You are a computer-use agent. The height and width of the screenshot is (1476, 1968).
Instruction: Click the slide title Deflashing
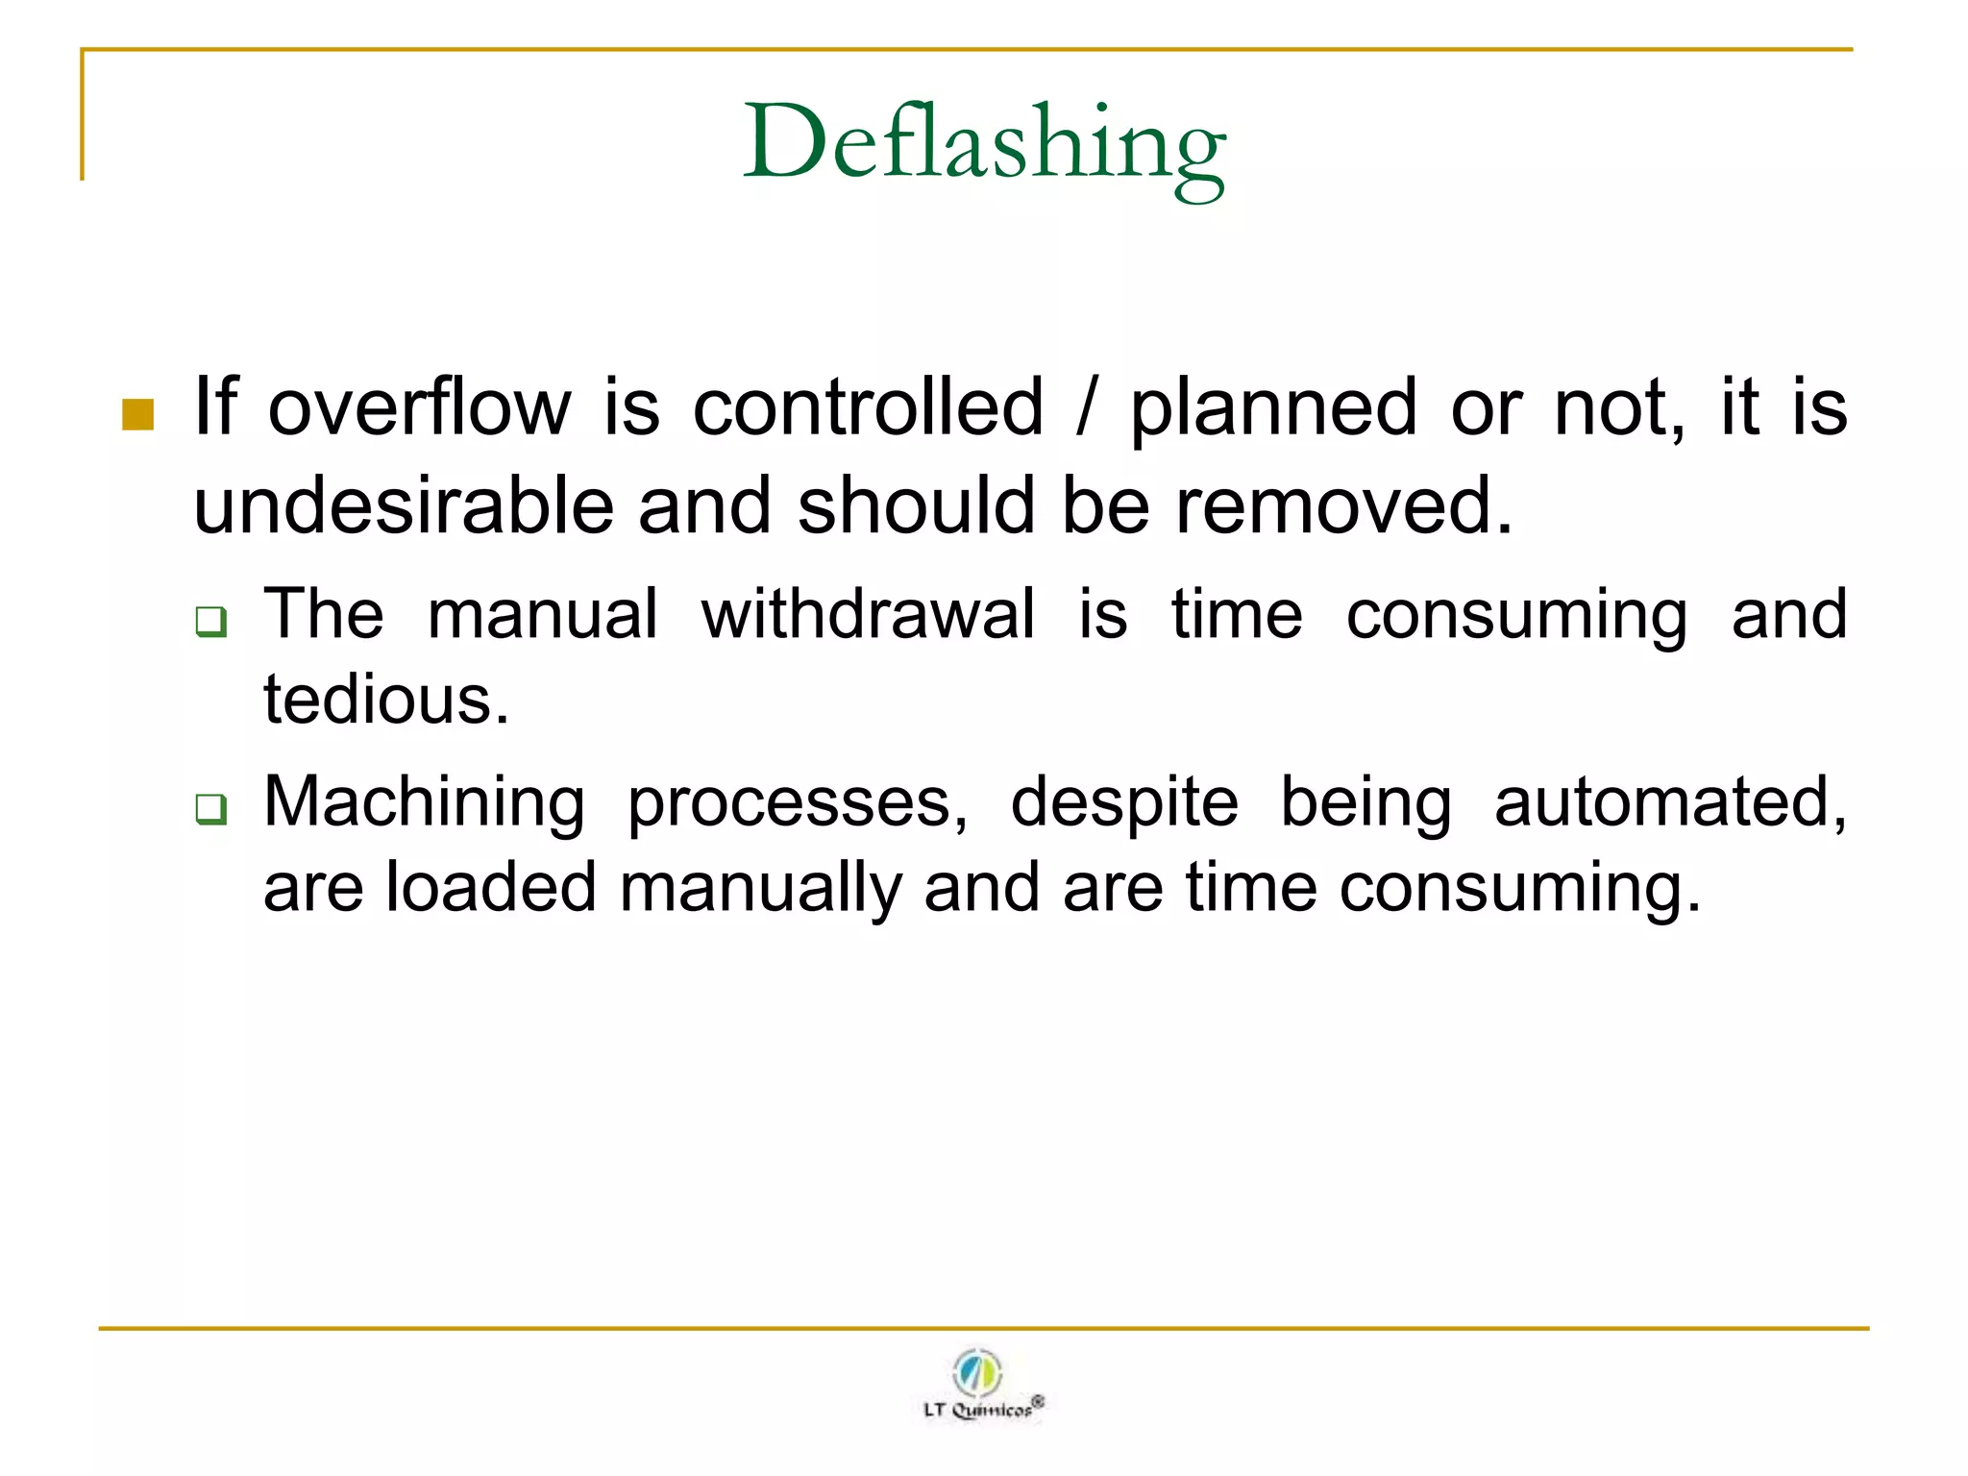[984, 144]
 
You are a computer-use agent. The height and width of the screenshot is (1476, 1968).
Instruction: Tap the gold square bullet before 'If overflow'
[138, 414]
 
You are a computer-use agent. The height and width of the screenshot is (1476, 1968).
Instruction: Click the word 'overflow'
[419, 408]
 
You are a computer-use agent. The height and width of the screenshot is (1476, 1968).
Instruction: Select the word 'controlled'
[868, 408]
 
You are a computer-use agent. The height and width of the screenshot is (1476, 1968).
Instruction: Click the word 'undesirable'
[404, 506]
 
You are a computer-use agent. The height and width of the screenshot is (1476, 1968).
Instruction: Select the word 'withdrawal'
[868, 614]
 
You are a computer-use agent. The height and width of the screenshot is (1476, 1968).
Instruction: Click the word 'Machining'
[424, 803]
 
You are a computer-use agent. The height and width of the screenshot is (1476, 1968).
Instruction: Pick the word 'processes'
[797, 803]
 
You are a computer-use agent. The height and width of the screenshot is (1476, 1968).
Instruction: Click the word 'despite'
[1124, 803]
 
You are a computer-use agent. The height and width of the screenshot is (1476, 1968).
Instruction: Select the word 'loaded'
[491, 887]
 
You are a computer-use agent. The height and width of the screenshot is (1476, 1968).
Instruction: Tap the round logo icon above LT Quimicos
[977, 1371]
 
